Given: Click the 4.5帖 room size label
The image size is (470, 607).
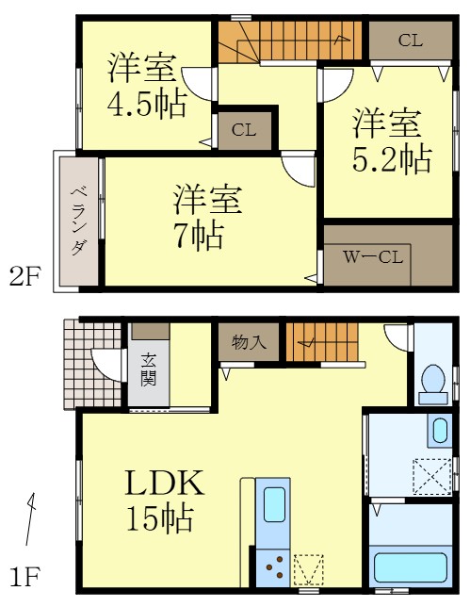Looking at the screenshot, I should (x=145, y=105).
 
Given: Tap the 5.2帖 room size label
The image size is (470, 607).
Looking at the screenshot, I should (x=393, y=157).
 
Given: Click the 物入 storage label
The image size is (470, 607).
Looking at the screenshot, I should (x=249, y=341).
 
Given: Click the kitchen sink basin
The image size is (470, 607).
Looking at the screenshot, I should (x=274, y=504).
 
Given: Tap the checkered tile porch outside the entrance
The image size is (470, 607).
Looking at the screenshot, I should (x=91, y=364).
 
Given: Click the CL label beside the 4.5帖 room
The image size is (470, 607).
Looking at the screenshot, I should (x=243, y=131).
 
